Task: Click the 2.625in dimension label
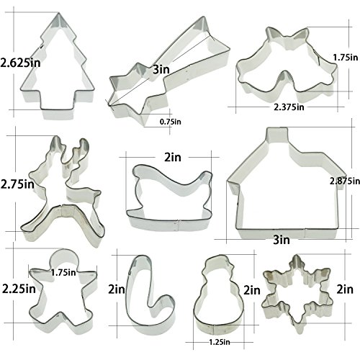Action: [20, 63]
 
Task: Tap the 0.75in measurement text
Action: [171, 122]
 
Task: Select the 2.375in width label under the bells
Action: [289, 107]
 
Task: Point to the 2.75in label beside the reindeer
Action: [17, 184]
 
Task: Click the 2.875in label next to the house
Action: [345, 181]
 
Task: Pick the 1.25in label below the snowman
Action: [220, 342]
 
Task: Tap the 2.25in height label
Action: [19, 289]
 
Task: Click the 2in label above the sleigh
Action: [173, 158]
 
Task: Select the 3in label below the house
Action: [282, 240]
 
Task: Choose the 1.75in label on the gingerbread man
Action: [63, 272]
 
